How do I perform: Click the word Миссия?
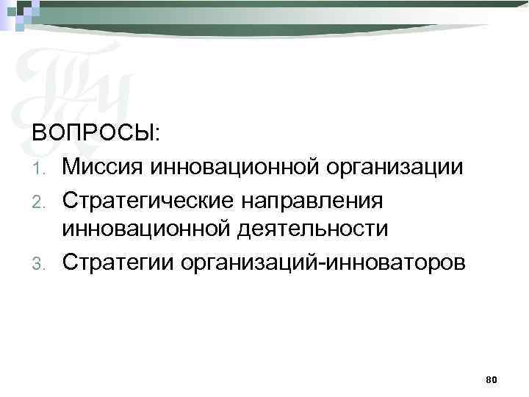(x=101, y=166)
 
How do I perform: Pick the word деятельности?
(x=312, y=229)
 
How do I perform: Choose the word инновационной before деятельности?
(x=146, y=229)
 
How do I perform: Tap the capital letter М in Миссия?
(x=71, y=166)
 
